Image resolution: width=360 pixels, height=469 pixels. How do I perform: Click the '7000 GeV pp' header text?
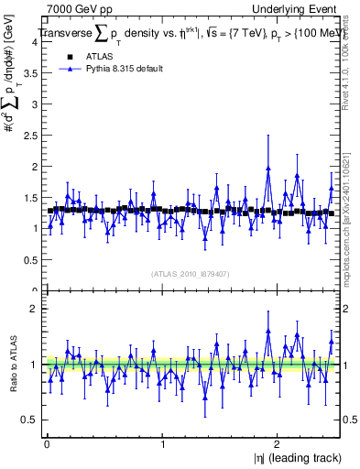pos(76,7)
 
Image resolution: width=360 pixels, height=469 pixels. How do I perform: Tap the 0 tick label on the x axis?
pos(46,444)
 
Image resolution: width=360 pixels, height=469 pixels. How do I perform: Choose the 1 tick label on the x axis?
pos(163,444)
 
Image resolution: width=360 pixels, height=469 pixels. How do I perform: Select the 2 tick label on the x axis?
pos(279,444)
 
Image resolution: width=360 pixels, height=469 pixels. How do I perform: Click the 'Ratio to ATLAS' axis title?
pos(11,364)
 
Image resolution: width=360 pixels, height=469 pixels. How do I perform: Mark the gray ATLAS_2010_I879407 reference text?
pos(191,273)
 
